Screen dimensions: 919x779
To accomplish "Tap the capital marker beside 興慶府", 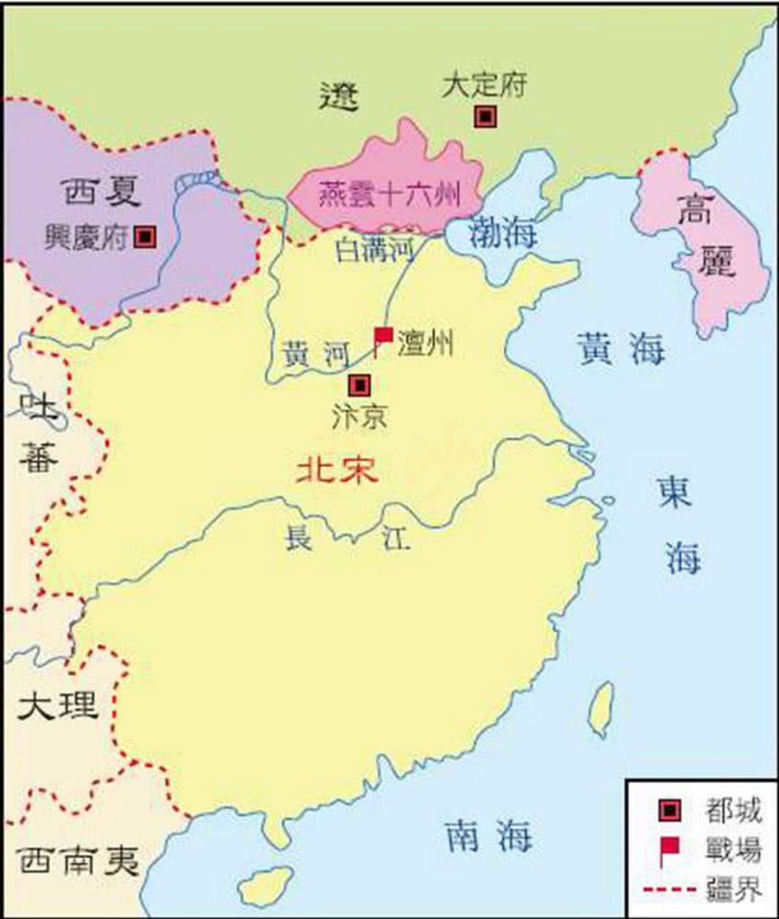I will point(143,236).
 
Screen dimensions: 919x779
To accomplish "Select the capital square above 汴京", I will point(361,384).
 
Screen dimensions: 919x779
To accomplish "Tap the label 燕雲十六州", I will point(387,195).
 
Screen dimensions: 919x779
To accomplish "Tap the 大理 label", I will point(56,705).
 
